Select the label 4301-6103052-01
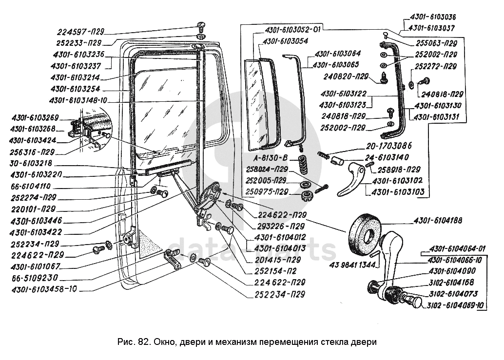click(292, 29)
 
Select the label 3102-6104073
click(453, 293)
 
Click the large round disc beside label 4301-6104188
click(365, 234)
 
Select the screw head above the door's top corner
click(202, 25)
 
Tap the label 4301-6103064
click(338, 54)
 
